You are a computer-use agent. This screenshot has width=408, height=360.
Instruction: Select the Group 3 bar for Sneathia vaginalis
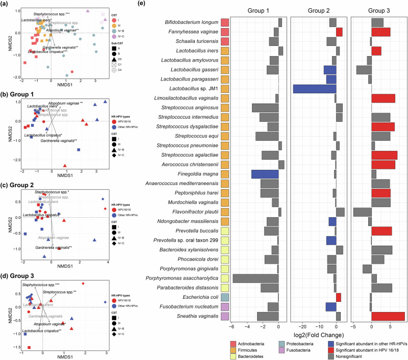pyautogui.click(x=388, y=316)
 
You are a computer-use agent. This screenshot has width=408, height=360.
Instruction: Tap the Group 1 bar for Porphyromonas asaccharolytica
pyautogui.click(x=256, y=278)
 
